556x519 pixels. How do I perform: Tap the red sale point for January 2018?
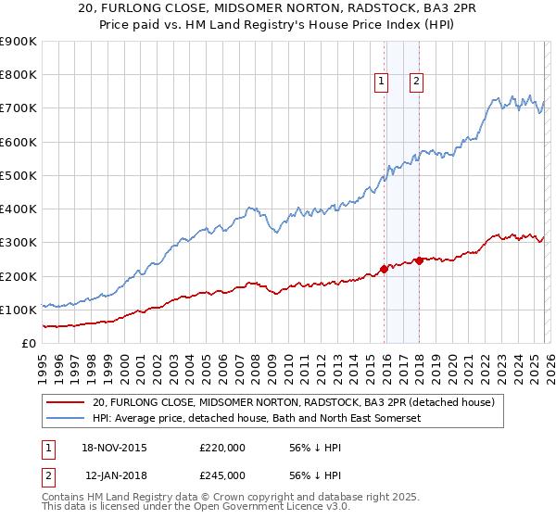[420, 260]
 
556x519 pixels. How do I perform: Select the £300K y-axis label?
[19, 243]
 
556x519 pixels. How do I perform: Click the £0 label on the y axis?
[29, 343]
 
